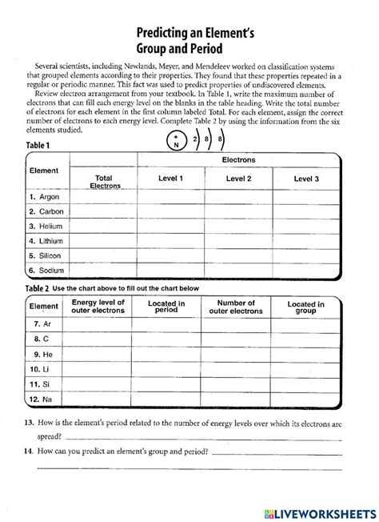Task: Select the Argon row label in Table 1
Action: pos(44,196)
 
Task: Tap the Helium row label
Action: pos(45,226)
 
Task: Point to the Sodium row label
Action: pos(46,270)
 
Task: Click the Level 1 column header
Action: pos(171,179)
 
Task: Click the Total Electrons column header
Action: pos(103,182)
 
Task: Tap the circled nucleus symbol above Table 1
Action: pos(176,142)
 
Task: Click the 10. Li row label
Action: pos(40,370)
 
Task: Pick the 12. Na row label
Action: pos(41,398)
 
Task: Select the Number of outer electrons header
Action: pos(236,307)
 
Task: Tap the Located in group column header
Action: pos(305,307)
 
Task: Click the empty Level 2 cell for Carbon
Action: pos(238,211)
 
